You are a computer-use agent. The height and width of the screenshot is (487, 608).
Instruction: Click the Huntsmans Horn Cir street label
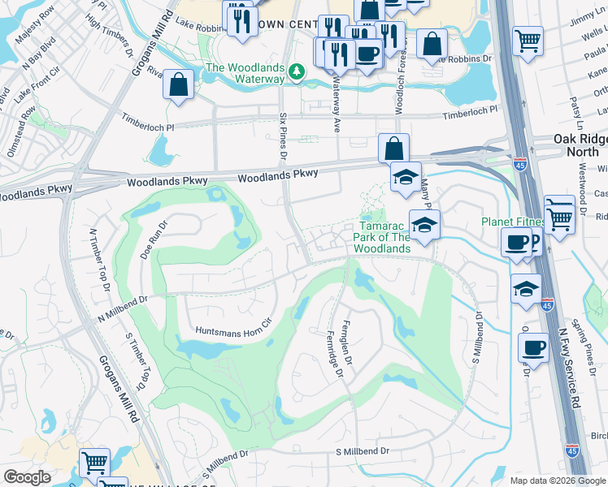(x=232, y=330)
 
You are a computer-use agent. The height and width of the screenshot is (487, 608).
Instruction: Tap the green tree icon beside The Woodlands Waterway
(x=297, y=73)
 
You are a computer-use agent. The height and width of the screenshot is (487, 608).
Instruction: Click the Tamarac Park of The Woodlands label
(x=381, y=237)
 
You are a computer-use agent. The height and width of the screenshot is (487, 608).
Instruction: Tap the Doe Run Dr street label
(x=153, y=240)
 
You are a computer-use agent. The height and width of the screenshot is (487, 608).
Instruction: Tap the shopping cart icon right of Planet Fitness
(x=559, y=215)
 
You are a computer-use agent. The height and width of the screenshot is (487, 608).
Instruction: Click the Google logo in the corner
(x=27, y=477)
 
